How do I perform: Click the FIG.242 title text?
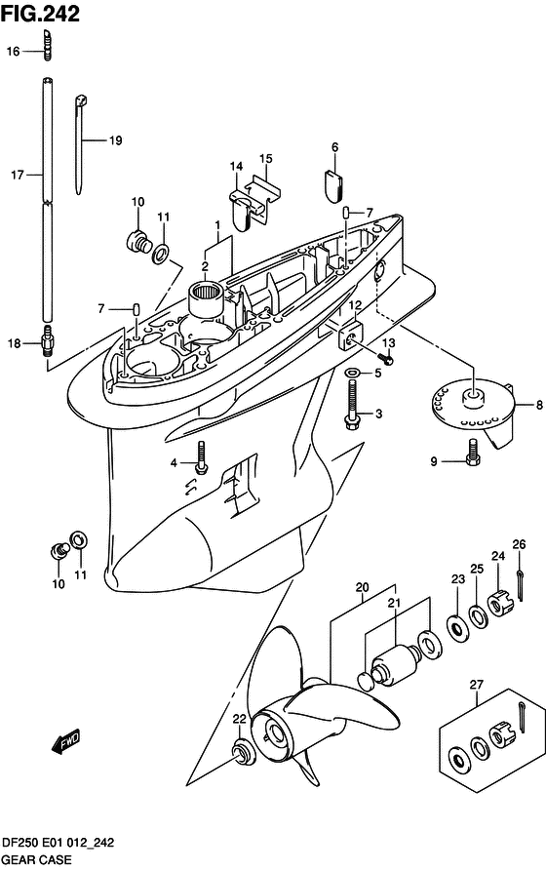pyautogui.click(x=40, y=14)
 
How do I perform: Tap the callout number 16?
pyautogui.click(x=13, y=52)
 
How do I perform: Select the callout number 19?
pyautogui.click(x=115, y=140)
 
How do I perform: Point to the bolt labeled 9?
pyautogui.click(x=473, y=453)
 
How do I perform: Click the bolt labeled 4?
pyautogui.click(x=202, y=457)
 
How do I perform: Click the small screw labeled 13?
pyautogui.click(x=386, y=358)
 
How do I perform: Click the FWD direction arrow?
pyautogui.click(x=66, y=741)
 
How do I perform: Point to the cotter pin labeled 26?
pyautogui.click(x=520, y=585)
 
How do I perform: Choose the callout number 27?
pyautogui.click(x=477, y=685)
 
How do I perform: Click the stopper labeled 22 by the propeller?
pyautogui.click(x=242, y=751)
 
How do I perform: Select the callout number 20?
pyautogui.click(x=363, y=587)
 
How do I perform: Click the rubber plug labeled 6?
pyautogui.click(x=334, y=185)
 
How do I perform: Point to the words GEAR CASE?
pyautogui.click(x=37, y=859)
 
